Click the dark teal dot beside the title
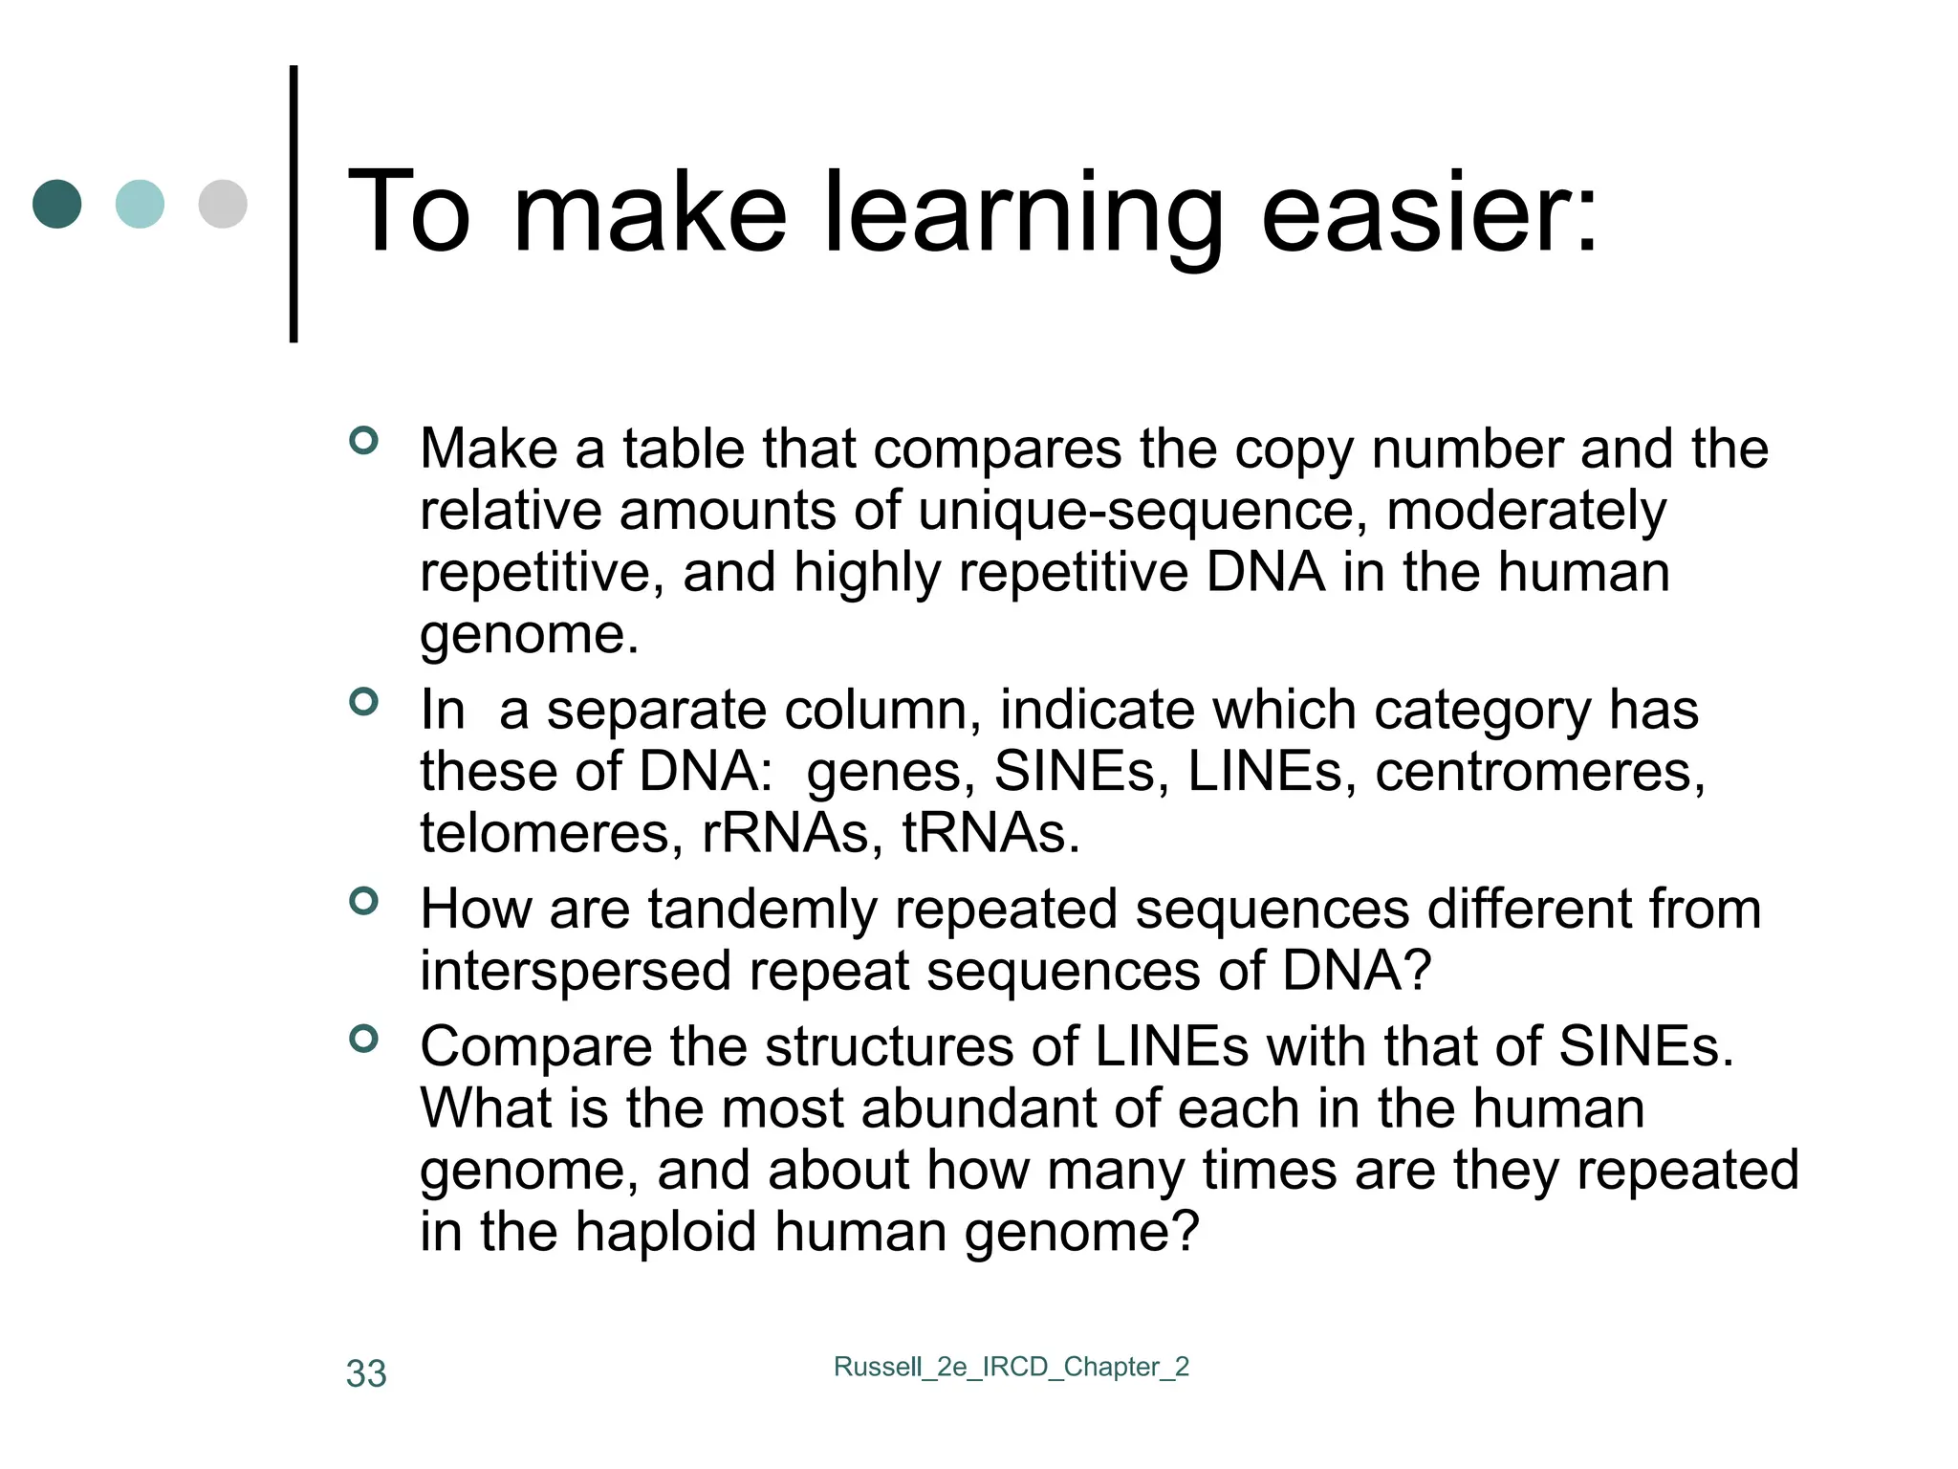point(57,204)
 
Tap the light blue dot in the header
point(140,204)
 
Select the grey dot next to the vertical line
point(223,204)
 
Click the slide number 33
point(366,1373)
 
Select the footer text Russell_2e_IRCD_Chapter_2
point(1012,1367)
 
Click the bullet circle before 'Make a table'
point(364,441)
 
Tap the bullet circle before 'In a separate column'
point(364,702)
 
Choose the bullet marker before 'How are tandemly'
point(364,901)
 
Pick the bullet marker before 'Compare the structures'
point(364,1039)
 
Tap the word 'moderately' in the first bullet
point(1526,511)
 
